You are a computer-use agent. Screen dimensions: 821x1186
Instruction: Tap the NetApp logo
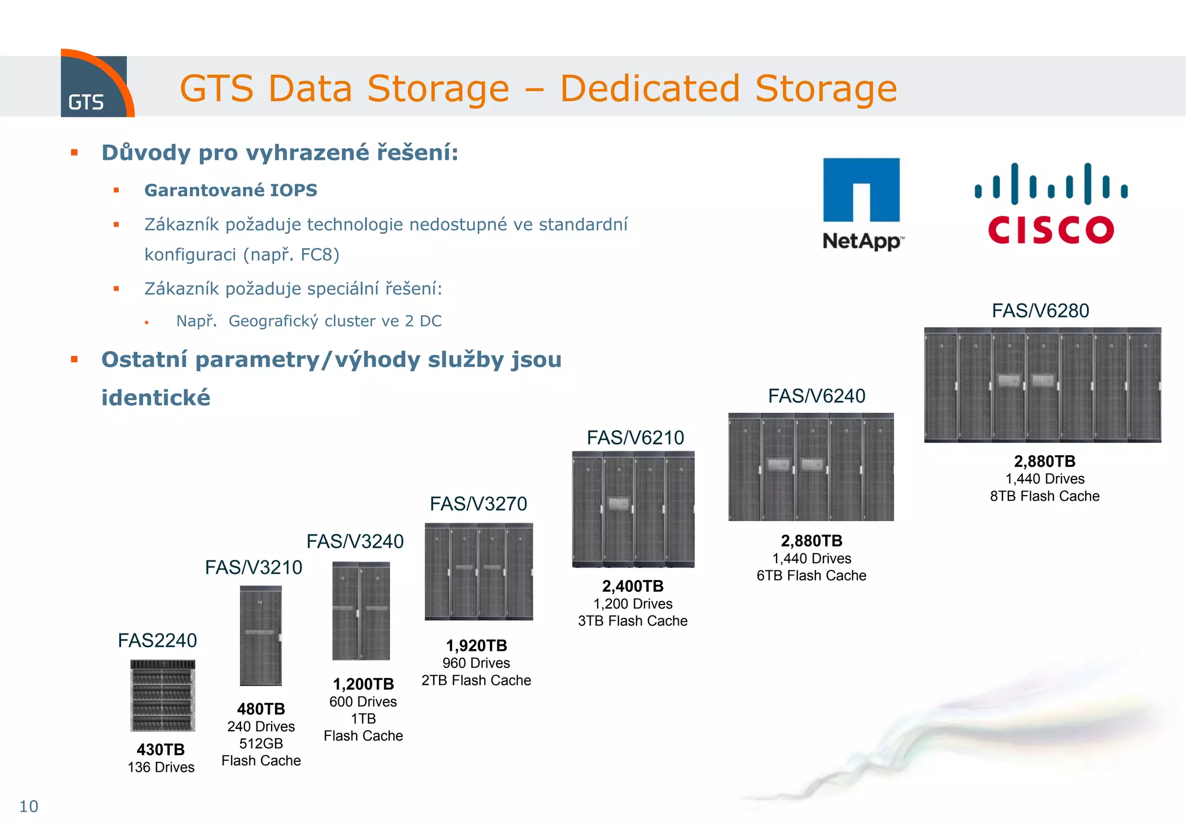click(x=862, y=203)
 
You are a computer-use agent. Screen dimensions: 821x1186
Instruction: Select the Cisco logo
click(x=1050, y=204)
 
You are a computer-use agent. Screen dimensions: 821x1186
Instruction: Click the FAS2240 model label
click(x=158, y=640)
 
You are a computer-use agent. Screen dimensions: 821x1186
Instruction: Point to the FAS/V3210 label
click(x=254, y=567)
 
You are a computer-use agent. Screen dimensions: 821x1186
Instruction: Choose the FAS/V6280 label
click(x=1041, y=311)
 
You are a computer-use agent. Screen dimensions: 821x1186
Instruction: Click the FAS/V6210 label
click(x=635, y=438)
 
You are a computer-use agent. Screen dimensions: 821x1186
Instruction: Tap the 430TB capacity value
click(x=160, y=750)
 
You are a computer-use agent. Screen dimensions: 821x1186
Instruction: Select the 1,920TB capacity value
click(x=476, y=646)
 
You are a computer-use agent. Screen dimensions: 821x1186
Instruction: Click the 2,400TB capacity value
click(x=632, y=586)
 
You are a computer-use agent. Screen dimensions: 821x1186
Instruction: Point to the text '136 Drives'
click(x=161, y=767)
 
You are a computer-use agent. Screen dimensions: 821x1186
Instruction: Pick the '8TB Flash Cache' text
click(x=1045, y=496)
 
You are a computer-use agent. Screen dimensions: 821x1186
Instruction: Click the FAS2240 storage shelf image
click(x=163, y=695)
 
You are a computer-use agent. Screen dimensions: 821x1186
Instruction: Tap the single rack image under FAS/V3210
click(x=261, y=636)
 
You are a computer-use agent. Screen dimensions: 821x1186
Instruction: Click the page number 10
click(x=28, y=806)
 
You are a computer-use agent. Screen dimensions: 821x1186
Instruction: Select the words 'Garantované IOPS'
click(x=230, y=190)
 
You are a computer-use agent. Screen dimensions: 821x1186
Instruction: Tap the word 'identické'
click(x=156, y=398)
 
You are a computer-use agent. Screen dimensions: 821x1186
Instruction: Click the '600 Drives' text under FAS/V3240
click(x=363, y=702)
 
